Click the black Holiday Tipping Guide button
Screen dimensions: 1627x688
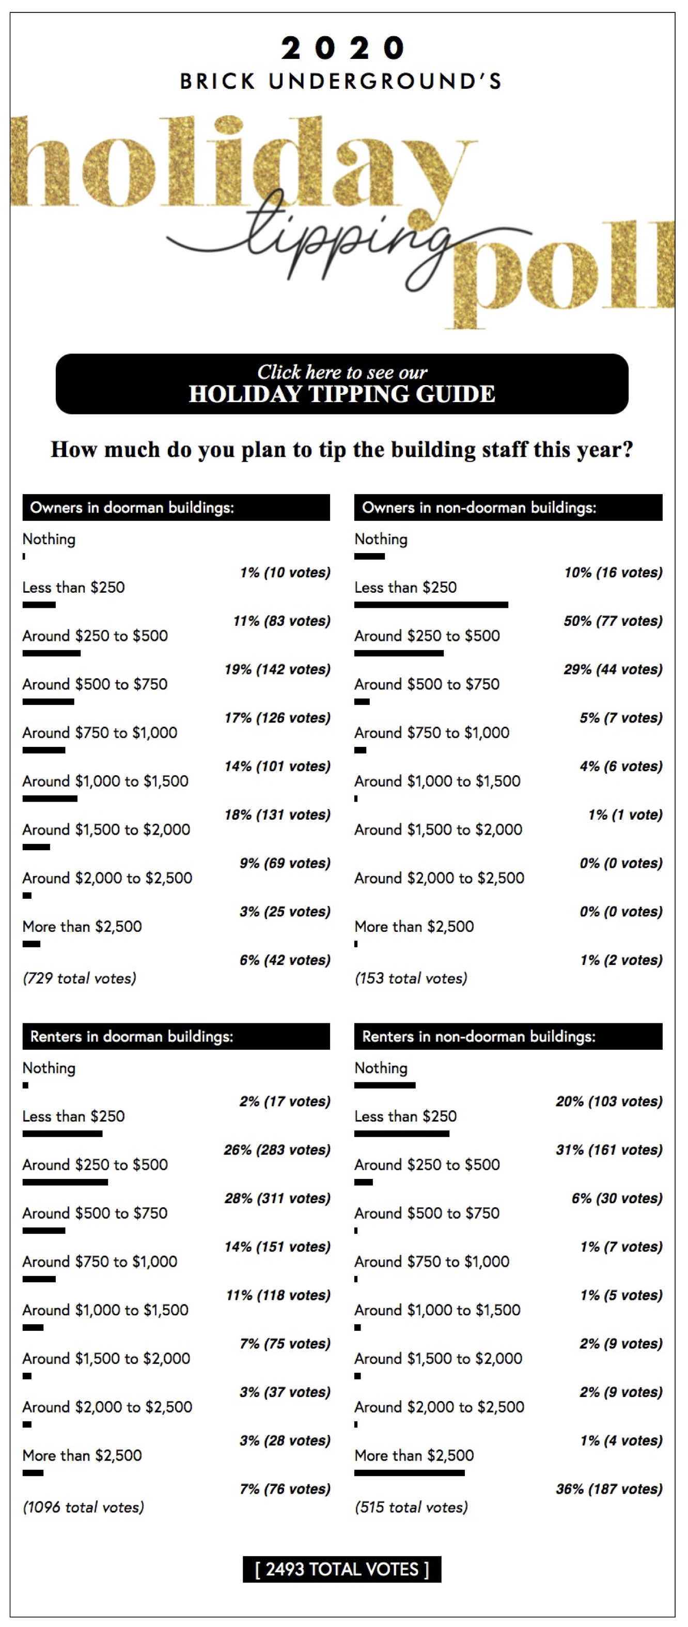click(x=341, y=383)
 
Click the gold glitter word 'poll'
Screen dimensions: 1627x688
click(x=562, y=271)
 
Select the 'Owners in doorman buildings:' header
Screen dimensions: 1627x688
click(x=176, y=507)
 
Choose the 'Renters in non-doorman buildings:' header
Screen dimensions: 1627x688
click(x=508, y=1036)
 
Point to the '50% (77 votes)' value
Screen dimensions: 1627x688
click(x=613, y=620)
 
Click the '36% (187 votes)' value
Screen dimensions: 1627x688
click(x=609, y=1488)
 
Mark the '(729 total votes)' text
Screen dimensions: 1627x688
click(x=80, y=978)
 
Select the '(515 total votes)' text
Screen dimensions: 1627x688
click(x=411, y=1507)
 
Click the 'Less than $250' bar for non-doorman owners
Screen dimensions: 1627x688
click(x=431, y=605)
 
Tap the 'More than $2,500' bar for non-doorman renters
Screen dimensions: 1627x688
click(x=409, y=1472)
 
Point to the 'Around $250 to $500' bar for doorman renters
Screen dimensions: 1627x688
click(x=65, y=1181)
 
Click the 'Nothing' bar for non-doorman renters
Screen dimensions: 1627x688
click(x=384, y=1085)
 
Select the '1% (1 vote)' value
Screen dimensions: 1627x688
click(x=625, y=814)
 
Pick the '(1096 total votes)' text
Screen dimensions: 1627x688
click(x=83, y=1507)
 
